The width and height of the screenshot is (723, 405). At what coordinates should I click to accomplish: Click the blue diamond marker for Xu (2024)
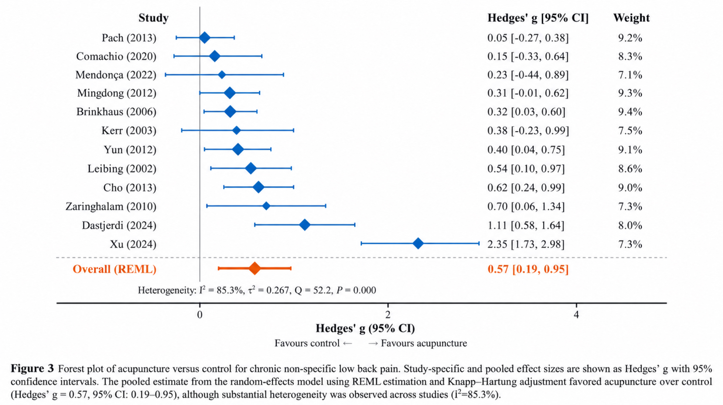point(418,243)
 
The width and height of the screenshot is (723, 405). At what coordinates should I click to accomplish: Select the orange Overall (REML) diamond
point(255,268)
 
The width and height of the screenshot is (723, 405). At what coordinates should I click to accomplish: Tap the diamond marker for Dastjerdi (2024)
point(305,225)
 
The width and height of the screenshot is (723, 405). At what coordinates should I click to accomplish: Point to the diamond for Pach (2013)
point(204,38)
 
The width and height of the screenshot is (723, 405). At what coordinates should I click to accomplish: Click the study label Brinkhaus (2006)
point(116,112)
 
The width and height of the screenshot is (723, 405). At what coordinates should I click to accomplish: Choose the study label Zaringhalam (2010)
point(111,207)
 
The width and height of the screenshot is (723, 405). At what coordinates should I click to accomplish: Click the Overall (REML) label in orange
point(114,269)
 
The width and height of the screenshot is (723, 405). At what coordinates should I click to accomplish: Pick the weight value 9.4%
point(630,112)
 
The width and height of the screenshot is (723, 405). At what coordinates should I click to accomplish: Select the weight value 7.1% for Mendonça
point(630,75)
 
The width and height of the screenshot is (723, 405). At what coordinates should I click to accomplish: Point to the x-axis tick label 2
point(388,315)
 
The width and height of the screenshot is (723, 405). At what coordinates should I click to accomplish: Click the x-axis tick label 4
point(576,315)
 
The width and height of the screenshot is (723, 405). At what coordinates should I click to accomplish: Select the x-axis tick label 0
point(200,315)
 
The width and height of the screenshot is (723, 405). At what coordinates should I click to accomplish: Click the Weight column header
point(631,18)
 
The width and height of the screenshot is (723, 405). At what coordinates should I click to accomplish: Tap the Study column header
point(153,18)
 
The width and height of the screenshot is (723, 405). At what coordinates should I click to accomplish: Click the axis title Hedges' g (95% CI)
point(365,329)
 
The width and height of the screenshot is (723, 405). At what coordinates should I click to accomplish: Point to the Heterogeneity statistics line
point(257,290)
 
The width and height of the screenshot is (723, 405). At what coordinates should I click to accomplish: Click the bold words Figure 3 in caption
point(32,369)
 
